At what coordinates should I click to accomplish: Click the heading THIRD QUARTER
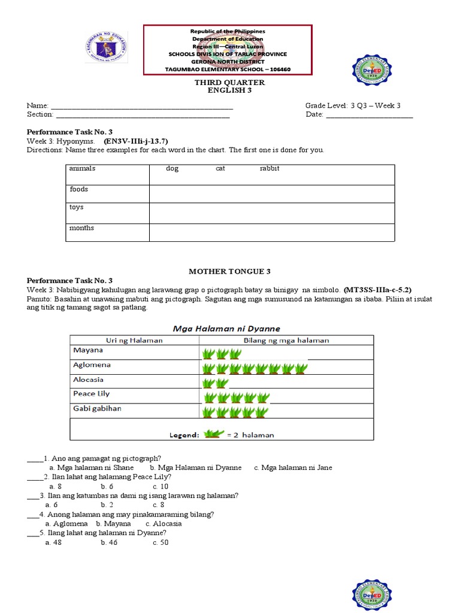tap(226, 83)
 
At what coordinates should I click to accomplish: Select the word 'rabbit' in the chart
tap(270, 169)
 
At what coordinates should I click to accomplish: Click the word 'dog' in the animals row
tap(172, 169)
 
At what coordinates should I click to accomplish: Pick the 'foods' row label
tap(78, 189)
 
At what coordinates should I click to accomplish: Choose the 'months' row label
tap(81, 228)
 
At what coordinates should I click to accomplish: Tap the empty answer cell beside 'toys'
tap(271, 213)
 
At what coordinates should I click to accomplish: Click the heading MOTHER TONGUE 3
tap(226, 271)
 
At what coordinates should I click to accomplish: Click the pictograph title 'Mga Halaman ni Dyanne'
tap(226, 329)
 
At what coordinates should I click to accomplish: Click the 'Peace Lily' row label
tap(92, 394)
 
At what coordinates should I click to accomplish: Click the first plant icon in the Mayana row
tap(209, 353)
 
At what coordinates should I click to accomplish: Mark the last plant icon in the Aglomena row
tap(301, 368)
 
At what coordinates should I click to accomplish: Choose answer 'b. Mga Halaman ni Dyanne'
tap(196, 468)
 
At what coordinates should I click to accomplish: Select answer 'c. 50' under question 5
tap(161, 542)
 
